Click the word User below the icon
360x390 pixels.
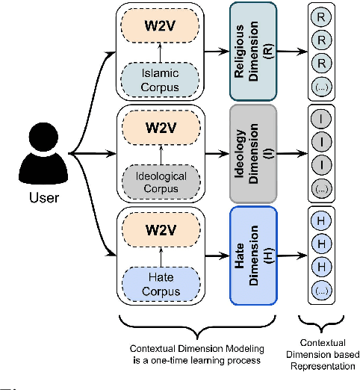pos(43,199)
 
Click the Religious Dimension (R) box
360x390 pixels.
pos(253,50)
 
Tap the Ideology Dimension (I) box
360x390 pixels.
pos(253,154)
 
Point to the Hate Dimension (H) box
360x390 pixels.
pos(253,256)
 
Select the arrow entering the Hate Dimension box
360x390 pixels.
pos(217,256)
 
